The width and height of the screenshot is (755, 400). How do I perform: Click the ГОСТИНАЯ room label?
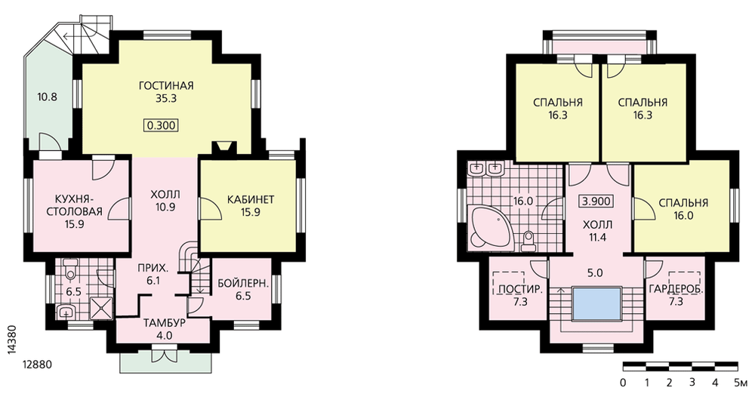[x=166, y=86]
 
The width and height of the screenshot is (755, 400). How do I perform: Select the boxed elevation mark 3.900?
[x=597, y=202]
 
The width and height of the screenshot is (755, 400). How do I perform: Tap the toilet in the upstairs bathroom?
[x=528, y=241]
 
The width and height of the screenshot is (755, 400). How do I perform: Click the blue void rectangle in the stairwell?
[x=596, y=303]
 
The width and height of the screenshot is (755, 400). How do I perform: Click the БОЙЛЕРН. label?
[x=242, y=283]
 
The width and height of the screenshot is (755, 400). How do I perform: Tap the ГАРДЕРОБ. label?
[x=676, y=290]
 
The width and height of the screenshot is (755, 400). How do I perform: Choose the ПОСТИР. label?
[x=520, y=290]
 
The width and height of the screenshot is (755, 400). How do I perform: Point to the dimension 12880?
[x=36, y=365]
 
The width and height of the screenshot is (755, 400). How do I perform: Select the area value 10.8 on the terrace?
[x=47, y=97]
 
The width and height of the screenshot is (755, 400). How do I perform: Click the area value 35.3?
[x=166, y=99]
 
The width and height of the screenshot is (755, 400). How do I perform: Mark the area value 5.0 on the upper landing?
[x=595, y=273]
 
